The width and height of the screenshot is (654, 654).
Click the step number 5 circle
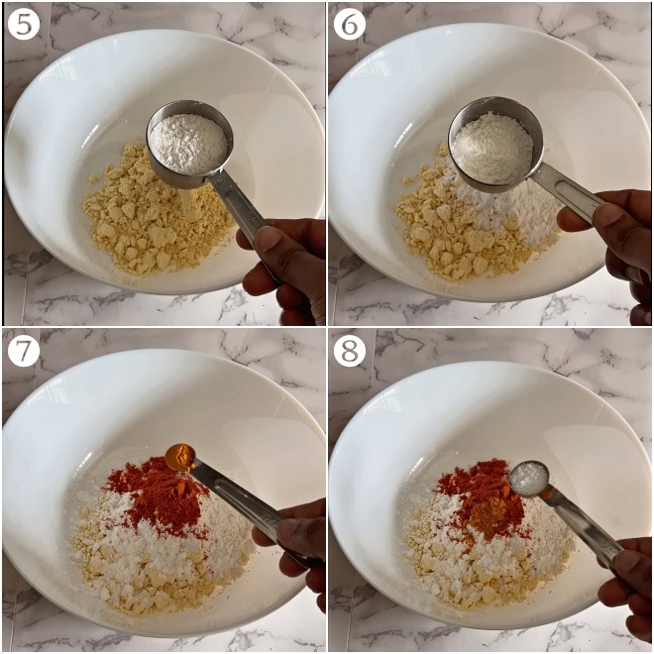point(23,23)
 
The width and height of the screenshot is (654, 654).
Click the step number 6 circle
point(350,23)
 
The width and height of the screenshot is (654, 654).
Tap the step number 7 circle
point(23,350)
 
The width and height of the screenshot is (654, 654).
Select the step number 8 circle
point(350,350)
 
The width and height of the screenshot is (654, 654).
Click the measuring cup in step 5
point(189,143)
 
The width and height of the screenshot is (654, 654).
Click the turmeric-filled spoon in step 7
point(180,457)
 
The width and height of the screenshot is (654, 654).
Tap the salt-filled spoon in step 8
point(529,478)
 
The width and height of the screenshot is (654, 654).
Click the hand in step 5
point(290,266)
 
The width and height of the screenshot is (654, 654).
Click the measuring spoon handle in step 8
point(580,520)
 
